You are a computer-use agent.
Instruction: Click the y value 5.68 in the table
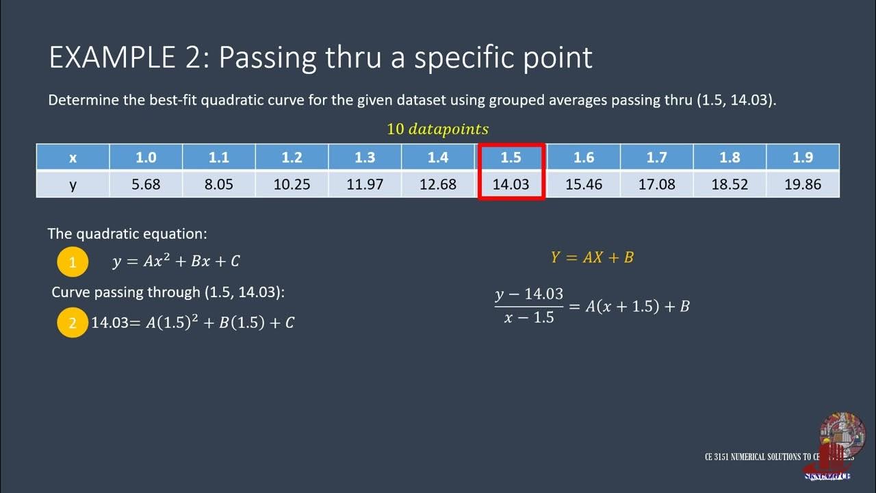point(146,184)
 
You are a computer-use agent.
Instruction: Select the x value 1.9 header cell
point(803,157)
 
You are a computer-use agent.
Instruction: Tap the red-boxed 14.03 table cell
point(511,184)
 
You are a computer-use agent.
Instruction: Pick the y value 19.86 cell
point(803,184)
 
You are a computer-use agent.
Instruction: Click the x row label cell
point(73,157)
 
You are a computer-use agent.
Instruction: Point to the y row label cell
point(73,184)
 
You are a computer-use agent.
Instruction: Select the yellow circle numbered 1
point(73,262)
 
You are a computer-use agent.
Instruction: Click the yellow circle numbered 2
point(73,322)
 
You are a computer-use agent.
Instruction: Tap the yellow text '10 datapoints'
point(437,129)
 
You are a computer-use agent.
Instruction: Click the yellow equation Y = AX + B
point(592,257)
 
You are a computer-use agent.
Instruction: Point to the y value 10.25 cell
point(292,184)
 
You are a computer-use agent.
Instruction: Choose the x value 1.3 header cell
point(365,157)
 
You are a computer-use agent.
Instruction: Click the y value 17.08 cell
point(656,184)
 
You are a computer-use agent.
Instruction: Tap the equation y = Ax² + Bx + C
point(176,261)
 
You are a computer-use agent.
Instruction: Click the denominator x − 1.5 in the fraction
point(528,318)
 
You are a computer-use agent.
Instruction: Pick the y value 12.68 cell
point(438,184)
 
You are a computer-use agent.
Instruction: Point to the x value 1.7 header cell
point(656,157)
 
